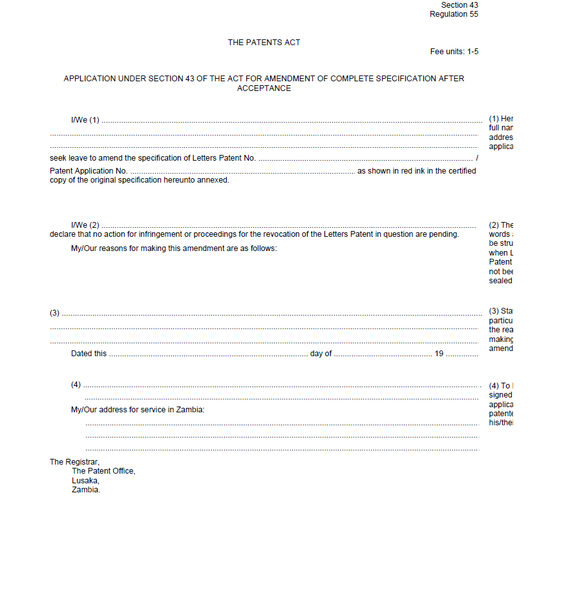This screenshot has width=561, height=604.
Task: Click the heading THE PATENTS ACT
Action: point(264,43)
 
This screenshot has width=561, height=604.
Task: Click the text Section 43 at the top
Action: point(460,5)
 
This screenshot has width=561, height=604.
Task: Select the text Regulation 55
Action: point(454,14)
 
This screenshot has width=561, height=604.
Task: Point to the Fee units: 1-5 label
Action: point(454,52)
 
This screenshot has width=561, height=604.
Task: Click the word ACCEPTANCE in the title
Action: point(264,88)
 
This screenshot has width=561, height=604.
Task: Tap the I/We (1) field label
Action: point(85,120)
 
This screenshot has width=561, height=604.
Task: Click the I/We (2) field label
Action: point(85,225)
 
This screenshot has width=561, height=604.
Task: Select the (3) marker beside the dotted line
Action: point(55,313)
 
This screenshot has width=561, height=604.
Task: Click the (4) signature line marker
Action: point(76,385)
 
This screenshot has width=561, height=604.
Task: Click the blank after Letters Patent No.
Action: point(365,159)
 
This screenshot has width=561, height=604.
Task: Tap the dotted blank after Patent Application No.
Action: point(242,172)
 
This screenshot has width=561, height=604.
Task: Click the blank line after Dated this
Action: point(208,354)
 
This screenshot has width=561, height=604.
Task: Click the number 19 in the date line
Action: point(439,354)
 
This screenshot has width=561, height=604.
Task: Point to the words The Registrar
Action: point(74,462)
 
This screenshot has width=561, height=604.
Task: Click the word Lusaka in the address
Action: point(85,480)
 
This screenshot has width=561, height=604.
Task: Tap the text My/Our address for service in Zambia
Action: point(138,410)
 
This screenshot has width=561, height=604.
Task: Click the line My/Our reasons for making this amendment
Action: point(174,248)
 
